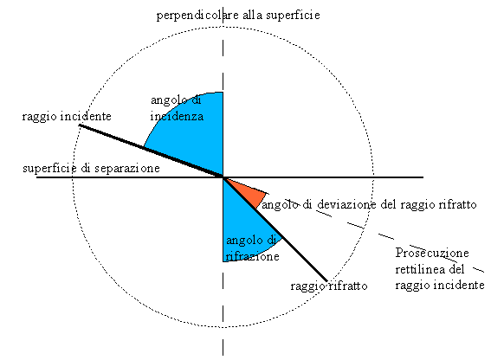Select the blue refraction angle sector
click(244, 225)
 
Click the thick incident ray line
click(151, 151)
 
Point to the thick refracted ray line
click(275, 229)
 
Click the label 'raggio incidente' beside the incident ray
click(67, 117)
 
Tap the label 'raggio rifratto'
click(329, 286)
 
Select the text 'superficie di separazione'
click(91, 169)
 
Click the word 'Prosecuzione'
click(432, 253)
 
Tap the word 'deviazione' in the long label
click(346, 204)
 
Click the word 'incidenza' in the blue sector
click(177, 117)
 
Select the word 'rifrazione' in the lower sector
click(252, 256)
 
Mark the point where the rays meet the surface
click(223, 177)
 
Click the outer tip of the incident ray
click(80, 125)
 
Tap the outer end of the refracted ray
click(327, 281)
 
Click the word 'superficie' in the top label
click(293, 15)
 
